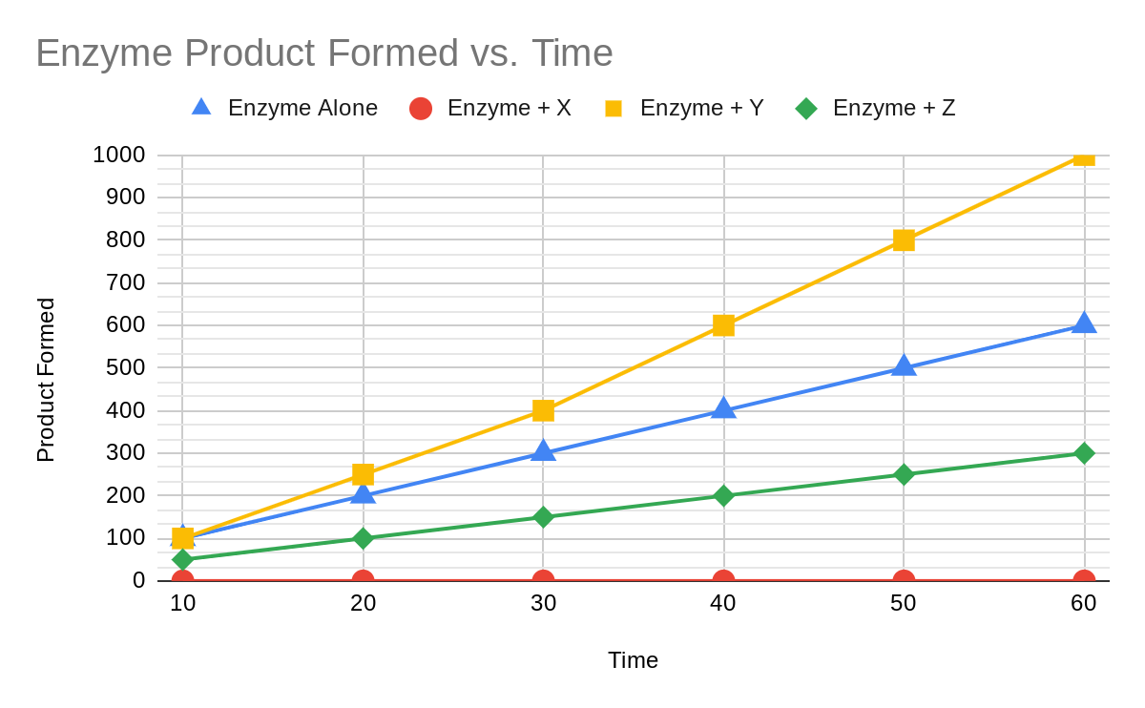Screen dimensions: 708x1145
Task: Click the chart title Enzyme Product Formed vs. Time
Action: click(323, 53)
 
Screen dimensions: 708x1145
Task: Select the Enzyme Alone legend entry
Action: click(284, 108)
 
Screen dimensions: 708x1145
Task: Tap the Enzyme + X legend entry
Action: click(490, 108)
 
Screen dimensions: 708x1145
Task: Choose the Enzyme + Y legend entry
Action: click(684, 108)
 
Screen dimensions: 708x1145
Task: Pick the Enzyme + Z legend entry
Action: click(876, 108)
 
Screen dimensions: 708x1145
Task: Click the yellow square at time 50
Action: click(904, 239)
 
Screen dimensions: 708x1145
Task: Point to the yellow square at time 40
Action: click(723, 325)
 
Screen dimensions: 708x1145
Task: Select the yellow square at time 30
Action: click(543, 410)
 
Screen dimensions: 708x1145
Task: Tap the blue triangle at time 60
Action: click(1084, 323)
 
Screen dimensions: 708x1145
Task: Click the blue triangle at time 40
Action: click(723, 408)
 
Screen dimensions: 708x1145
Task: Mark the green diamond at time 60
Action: click(1084, 453)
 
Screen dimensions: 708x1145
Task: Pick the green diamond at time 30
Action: click(543, 517)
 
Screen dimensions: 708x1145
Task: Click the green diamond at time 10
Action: click(182, 559)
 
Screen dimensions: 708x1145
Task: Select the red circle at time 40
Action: click(723, 580)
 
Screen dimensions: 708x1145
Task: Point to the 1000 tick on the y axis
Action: click(119, 155)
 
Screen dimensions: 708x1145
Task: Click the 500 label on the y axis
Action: click(126, 367)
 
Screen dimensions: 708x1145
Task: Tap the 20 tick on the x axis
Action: click(363, 603)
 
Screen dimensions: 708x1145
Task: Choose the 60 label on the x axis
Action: click(1084, 603)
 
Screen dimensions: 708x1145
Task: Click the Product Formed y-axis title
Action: click(46, 380)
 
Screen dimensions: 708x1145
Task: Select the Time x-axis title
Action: click(633, 660)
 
